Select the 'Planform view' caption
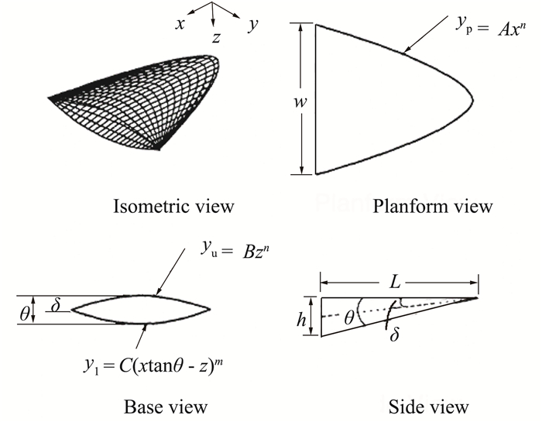[x=433, y=206]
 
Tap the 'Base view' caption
[x=165, y=405]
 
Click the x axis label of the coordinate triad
[x=180, y=23]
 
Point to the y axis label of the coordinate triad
[x=252, y=25]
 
